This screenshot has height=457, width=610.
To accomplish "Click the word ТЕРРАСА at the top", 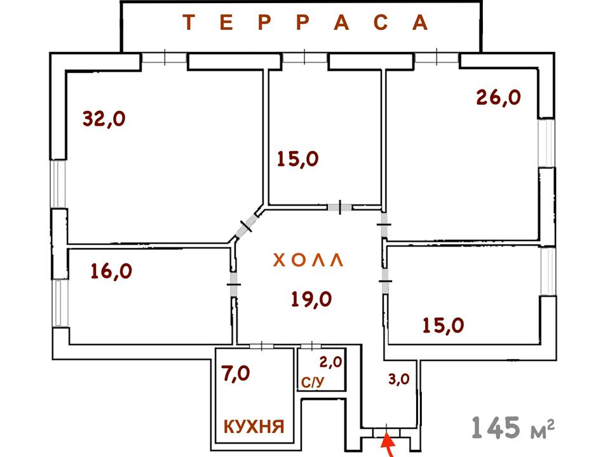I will coord(306,23).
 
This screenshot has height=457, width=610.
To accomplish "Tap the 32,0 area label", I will coord(104,118).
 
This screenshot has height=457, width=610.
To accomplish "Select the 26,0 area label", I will coord(498,97).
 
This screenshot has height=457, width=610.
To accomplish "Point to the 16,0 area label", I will coord(111,271).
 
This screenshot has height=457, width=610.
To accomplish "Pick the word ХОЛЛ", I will coord(308,261).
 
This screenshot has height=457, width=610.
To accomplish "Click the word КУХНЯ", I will coord(252,426).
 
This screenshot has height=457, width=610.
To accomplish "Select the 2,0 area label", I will coord(330,362).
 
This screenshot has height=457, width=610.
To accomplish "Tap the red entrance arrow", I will coord(388,445).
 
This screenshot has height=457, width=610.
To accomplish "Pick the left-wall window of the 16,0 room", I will coord(60,303).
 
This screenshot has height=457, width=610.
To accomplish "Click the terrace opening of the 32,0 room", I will coord(164,58).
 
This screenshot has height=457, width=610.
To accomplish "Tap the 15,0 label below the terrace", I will coord(298,158).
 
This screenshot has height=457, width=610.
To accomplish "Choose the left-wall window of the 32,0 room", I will coord(58,184).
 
